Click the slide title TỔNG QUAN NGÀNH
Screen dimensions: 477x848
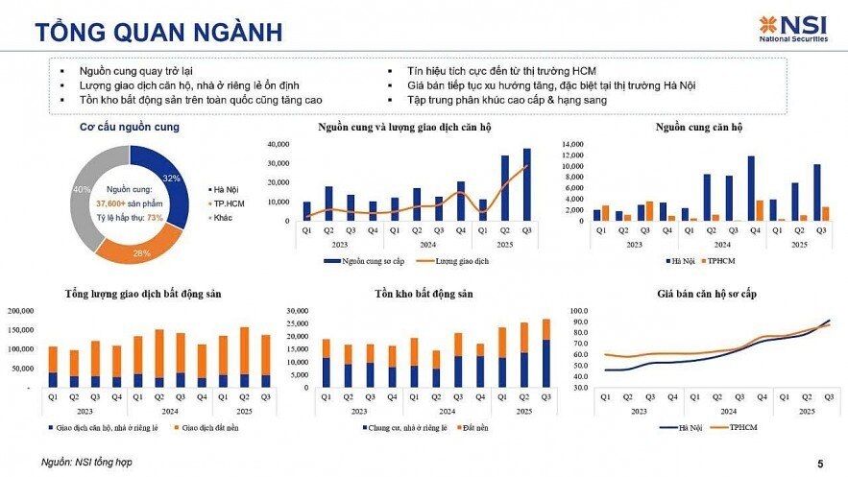[x=159, y=32]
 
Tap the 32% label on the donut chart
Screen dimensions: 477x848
[x=172, y=179]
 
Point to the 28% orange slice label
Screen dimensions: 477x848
[x=141, y=252]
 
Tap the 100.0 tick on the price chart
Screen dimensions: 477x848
[x=578, y=312]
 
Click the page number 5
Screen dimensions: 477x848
[x=819, y=462]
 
